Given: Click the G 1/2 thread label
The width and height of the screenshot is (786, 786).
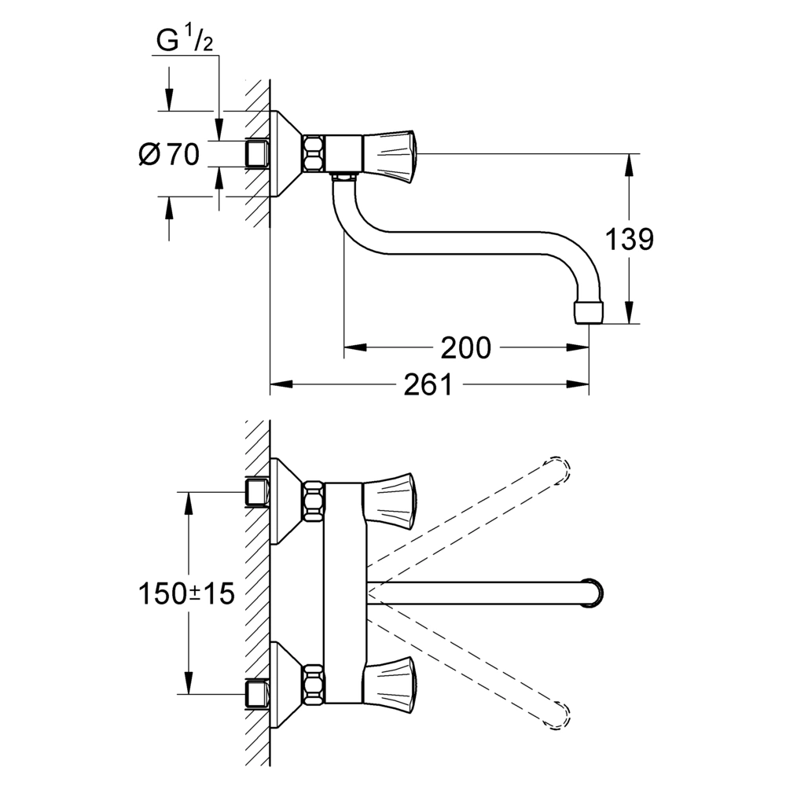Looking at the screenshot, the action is (x=185, y=40).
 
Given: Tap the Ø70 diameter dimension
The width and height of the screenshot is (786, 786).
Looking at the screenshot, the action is (x=169, y=154).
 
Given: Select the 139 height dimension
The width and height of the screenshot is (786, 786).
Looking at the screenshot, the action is (x=630, y=239).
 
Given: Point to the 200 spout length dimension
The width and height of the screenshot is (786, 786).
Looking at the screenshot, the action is (x=465, y=348).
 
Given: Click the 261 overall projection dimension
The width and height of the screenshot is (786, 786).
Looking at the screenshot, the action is (x=428, y=384).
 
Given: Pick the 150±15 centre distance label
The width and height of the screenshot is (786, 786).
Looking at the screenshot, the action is (x=186, y=594).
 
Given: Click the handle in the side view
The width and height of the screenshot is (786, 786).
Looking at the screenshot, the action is (x=388, y=153).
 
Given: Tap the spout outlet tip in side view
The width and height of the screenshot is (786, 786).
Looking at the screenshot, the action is (x=588, y=312).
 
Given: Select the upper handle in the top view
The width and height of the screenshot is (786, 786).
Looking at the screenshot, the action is (x=388, y=501).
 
